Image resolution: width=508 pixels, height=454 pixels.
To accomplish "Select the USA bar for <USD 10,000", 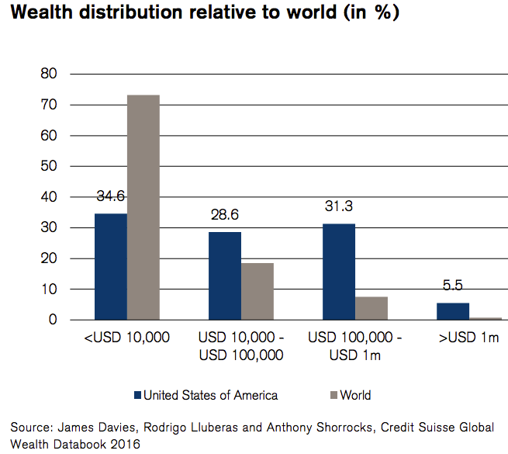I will point(111,266).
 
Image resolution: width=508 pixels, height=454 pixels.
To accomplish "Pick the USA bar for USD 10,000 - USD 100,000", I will point(225,276).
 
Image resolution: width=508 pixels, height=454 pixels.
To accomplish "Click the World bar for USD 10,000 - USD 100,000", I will point(257,291).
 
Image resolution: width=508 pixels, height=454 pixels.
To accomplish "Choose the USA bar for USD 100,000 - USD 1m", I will point(339,272).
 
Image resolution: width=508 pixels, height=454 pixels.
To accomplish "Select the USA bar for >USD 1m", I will point(453,311).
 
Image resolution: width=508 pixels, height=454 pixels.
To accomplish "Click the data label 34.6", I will point(111,196).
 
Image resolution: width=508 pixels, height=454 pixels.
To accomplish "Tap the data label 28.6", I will point(225,215).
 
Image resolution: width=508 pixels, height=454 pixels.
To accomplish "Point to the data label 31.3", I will point(339,206).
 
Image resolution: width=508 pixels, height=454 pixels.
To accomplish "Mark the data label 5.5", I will point(453,286).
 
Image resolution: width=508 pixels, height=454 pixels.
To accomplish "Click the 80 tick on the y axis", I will point(50,75).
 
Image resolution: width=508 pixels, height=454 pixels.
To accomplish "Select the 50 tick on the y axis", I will point(50,166).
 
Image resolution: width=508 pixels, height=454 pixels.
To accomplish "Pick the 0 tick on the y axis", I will point(54,320).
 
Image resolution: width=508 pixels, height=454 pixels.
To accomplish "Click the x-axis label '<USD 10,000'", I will point(126,338).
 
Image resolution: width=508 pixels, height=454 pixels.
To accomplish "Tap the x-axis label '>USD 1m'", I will point(468,338).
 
